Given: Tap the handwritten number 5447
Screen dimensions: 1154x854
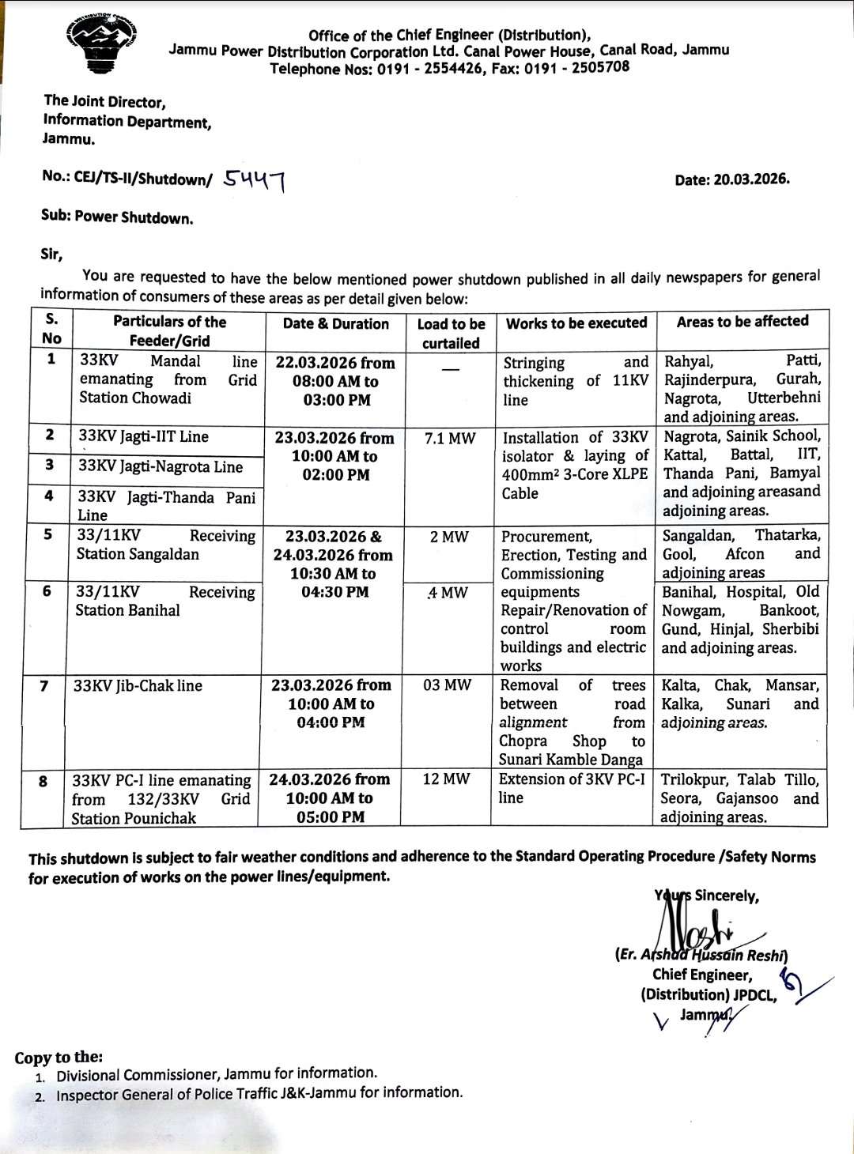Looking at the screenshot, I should coord(254,179).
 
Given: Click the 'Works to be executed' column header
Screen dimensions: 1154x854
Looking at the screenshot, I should coord(576,323).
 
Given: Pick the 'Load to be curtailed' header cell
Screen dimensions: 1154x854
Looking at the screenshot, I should coord(451,334).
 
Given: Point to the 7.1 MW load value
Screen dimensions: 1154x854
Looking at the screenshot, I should coord(449,438).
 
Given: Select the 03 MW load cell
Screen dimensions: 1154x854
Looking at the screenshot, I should coord(447,685).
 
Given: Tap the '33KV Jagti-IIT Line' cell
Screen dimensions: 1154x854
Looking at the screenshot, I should coord(143,436).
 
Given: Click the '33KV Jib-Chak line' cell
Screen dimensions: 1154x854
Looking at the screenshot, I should coord(138,686).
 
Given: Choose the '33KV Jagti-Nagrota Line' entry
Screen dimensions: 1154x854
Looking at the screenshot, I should coord(160,466).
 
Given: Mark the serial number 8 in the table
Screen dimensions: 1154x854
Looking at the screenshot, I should coord(43,782).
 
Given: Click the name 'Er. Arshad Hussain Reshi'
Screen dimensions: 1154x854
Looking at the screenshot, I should coord(701,955).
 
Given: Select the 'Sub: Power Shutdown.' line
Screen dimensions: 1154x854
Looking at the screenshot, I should coord(117,217).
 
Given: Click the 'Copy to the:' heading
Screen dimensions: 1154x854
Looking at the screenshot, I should coord(59,1058).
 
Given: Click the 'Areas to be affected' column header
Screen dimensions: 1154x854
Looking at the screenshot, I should coord(742,322).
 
